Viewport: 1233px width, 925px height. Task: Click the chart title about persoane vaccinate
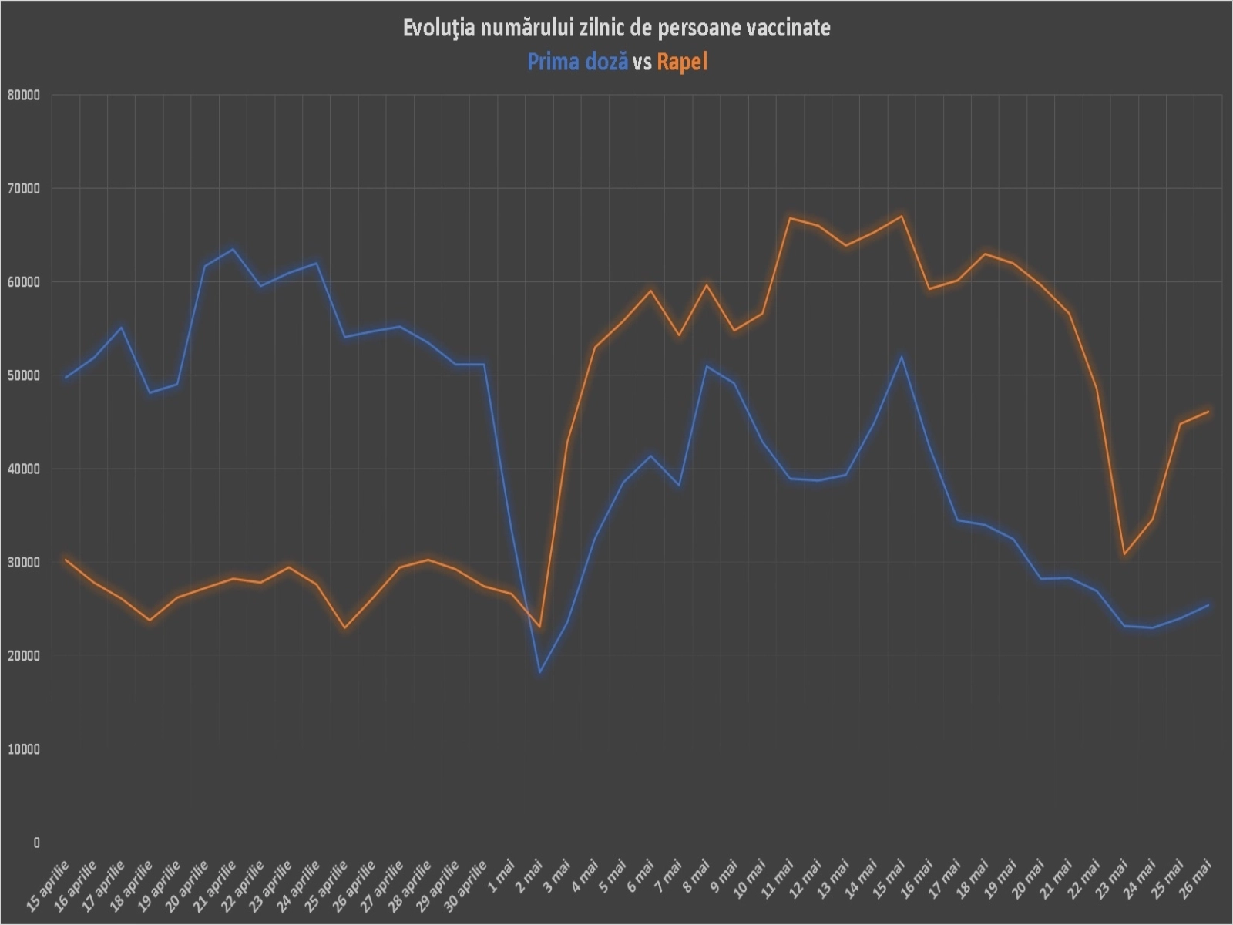[x=616, y=29]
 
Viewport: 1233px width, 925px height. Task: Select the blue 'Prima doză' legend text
[x=577, y=62]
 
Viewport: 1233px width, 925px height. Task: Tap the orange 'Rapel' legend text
[x=682, y=62]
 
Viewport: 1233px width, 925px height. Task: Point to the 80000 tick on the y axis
[x=23, y=96]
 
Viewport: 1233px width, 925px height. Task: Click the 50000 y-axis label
[x=23, y=375]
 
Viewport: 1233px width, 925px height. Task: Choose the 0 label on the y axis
[x=35, y=843]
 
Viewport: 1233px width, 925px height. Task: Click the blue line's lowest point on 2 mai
[x=540, y=672]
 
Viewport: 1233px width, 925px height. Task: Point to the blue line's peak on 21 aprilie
[x=233, y=249]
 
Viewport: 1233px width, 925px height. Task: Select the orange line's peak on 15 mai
[x=902, y=216]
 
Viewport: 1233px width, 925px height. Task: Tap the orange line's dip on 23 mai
[x=1124, y=553]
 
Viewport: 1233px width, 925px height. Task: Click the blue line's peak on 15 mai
[x=902, y=356]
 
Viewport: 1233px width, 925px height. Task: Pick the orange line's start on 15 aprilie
[x=66, y=560]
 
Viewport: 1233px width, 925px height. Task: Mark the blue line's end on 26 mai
[x=1208, y=606]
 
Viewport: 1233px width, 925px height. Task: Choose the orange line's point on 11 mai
[x=790, y=218]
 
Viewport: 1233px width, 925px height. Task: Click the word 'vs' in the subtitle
[x=642, y=62]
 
